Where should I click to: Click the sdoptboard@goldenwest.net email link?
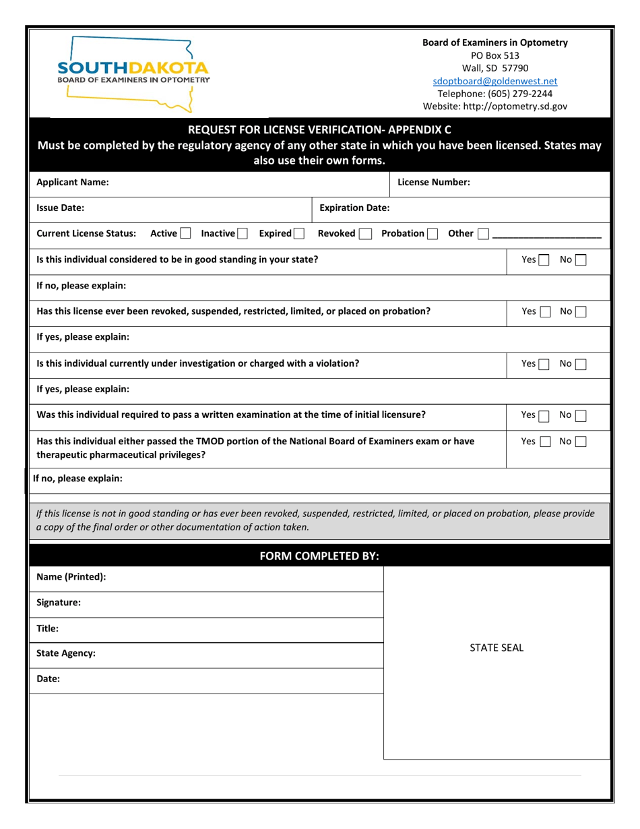click(494, 81)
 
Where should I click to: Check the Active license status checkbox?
click(185, 234)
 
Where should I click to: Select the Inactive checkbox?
click(243, 234)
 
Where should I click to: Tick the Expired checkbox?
click(298, 234)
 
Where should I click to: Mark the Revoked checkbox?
click(365, 234)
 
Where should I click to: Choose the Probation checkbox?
click(433, 234)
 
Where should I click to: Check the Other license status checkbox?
click(484, 234)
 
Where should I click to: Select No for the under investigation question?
click(581, 364)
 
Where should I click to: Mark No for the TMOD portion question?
click(581, 442)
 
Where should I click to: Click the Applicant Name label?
click(73, 182)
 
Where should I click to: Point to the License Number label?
click(434, 182)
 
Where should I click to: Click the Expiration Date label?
click(354, 208)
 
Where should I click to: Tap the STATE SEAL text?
click(497, 648)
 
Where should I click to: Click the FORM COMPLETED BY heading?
click(319, 556)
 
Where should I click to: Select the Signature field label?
click(59, 603)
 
